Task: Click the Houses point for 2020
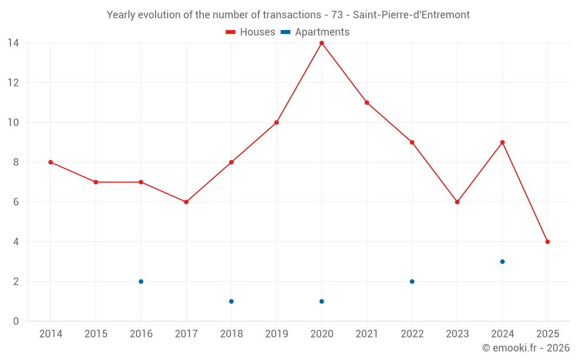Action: click(321, 43)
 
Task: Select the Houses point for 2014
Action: click(51, 162)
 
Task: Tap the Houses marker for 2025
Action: click(547, 242)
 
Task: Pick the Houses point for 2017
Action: click(186, 202)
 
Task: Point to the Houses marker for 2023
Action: click(457, 202)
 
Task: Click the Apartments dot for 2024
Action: click(502, 262)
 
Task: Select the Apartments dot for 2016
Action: click(141, 282)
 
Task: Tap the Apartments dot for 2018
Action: click(232, 301)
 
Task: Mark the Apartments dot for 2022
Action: click(412, 282)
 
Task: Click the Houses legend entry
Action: click(251, 32)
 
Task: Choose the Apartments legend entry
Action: click(315, 32)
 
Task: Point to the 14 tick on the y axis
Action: click(13, 43)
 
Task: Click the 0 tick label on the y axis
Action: click(16, 321)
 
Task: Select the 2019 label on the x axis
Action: click(276, 334)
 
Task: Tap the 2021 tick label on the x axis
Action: click(367, 334)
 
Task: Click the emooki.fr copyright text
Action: click(526, 348)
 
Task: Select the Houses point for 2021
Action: click(367, 103)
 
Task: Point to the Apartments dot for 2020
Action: click(321, 301)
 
